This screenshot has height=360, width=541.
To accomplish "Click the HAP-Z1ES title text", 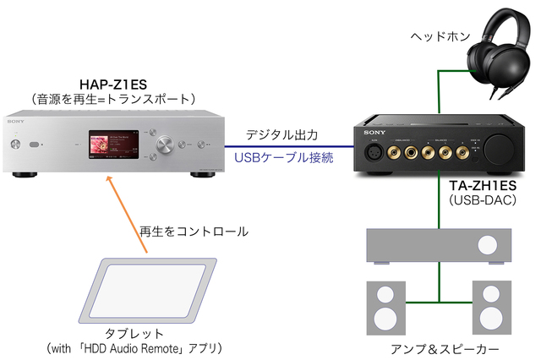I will coord(114,84).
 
